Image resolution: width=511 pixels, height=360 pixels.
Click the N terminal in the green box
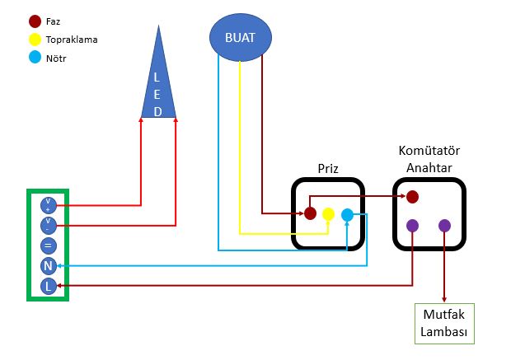[48, 265]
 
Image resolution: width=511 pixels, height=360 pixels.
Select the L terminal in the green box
[48, 286]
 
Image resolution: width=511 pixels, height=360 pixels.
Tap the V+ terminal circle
[48, 204]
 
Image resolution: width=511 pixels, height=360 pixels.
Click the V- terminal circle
[48, 224]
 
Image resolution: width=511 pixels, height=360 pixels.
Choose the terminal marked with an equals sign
[48, 245]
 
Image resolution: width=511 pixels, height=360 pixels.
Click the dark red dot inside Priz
[310, 213]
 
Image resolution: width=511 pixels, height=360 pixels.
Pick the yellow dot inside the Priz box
[328, 214]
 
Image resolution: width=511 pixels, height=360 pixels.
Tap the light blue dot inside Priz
[347, 214]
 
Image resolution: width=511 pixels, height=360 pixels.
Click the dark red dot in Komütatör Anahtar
[412, 196]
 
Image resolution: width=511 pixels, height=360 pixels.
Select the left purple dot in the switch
[412, 225]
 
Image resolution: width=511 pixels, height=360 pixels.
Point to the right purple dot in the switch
[445, 225]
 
